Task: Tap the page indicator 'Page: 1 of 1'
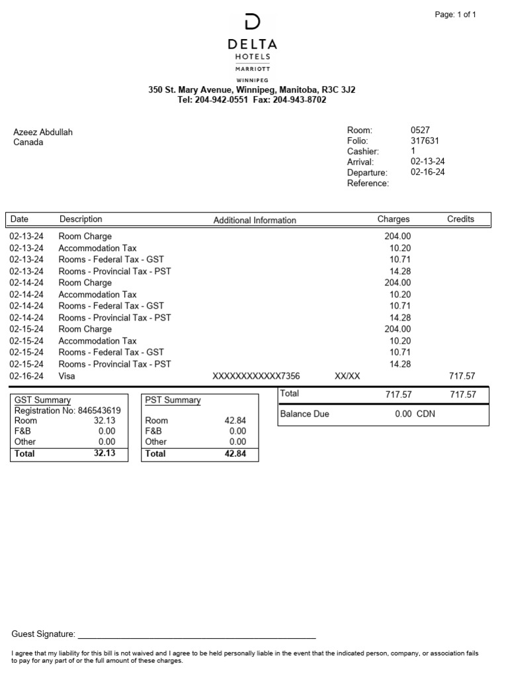(455, 15)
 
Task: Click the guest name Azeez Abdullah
(43, 132)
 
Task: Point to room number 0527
(420, 130)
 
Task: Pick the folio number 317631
(425, 141)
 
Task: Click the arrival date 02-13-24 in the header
(427, 162)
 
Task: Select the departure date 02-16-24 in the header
(427, 172)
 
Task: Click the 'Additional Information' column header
(255, 220)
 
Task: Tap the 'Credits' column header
(460, 219)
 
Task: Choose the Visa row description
(67, 376)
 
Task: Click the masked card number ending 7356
(256, 376)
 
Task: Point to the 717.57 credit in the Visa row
(462, 376)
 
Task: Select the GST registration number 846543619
(99, 411)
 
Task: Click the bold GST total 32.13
(105, 454)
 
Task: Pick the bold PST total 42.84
(235, 454)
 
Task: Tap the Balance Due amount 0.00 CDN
(415, 414)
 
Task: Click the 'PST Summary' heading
(173, 400)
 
